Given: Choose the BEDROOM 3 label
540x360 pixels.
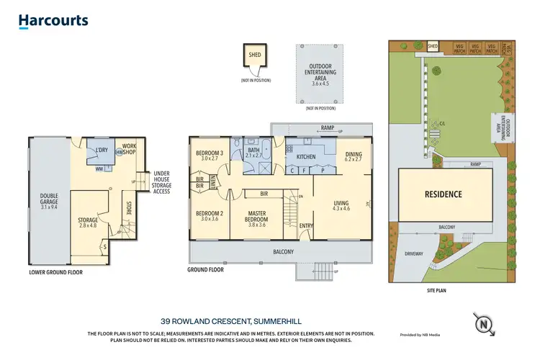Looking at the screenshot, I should pyautogui.click(x=210, y=155).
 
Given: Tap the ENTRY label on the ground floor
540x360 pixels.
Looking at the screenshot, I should pyautogui.click(x=306, y=226).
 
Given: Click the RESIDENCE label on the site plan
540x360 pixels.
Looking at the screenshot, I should pyautogui.click(x=443, y=194).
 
